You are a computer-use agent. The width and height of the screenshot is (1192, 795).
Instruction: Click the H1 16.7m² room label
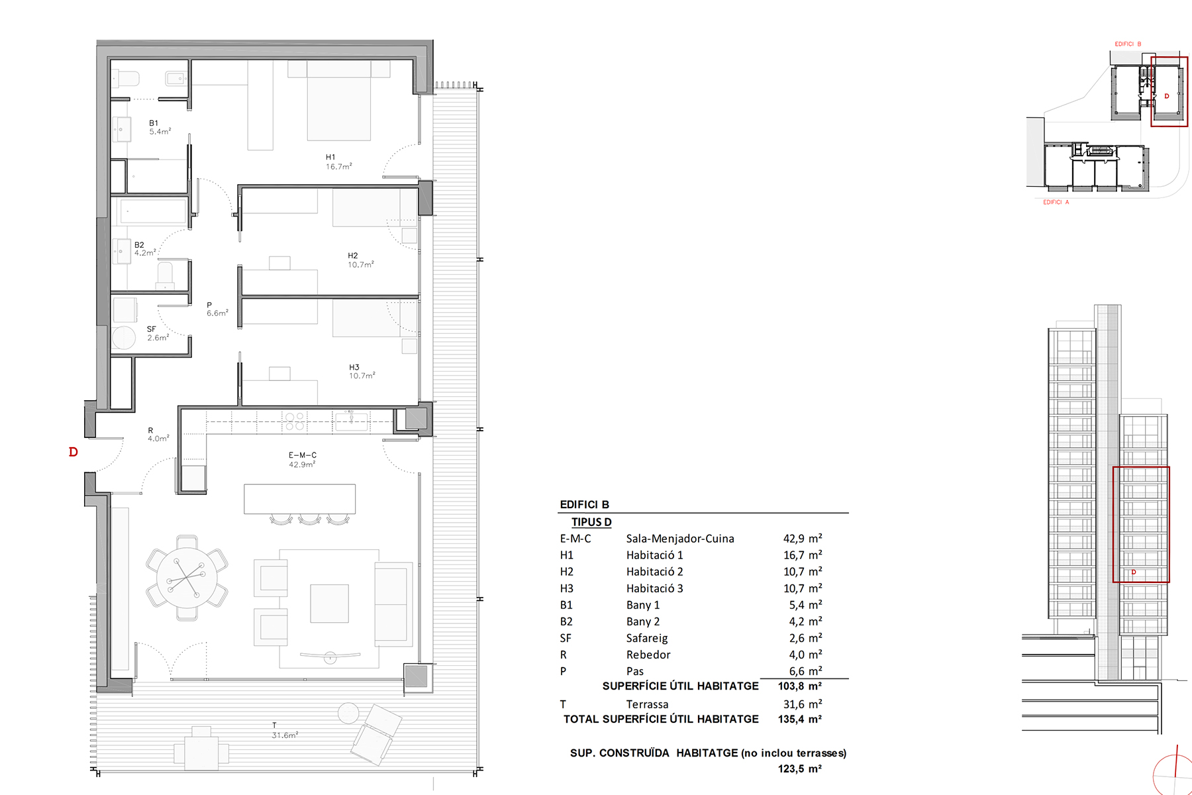point(338,162)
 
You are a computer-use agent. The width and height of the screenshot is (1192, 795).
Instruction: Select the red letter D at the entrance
point(74,452)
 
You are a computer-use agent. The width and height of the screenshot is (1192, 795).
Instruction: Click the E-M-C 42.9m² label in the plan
point(302,460)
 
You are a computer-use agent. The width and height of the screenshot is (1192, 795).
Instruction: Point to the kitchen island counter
point(299,499)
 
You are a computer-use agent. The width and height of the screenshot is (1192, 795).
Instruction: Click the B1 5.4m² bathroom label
point(160,127)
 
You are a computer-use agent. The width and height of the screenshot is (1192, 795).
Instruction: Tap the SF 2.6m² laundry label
point(158,333)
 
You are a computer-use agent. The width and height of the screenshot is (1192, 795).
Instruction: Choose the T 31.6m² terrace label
point(285,731)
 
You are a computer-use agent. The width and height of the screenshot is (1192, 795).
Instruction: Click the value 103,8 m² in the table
point(800,686)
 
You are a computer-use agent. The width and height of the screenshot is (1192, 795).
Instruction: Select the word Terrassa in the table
point(647,704)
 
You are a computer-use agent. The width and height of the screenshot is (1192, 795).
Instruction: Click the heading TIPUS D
point(591,522)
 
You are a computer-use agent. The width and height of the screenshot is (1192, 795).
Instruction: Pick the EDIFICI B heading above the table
point(584,505)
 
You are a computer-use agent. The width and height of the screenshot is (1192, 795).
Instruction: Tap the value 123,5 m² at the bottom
point(800,769)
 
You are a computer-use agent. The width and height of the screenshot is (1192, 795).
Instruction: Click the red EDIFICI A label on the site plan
point(1056,202)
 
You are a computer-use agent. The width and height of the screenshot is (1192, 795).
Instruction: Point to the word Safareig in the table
point(647,638)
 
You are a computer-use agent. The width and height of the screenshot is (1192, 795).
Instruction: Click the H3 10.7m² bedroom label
point(362,372)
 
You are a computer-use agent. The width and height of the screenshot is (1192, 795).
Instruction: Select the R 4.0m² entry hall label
point(158,435)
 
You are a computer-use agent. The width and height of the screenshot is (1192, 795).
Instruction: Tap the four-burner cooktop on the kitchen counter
point(295,421)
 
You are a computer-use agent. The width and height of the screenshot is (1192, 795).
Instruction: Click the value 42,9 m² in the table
point(803,539)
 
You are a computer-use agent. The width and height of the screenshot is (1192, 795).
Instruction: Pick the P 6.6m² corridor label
point(217,309)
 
